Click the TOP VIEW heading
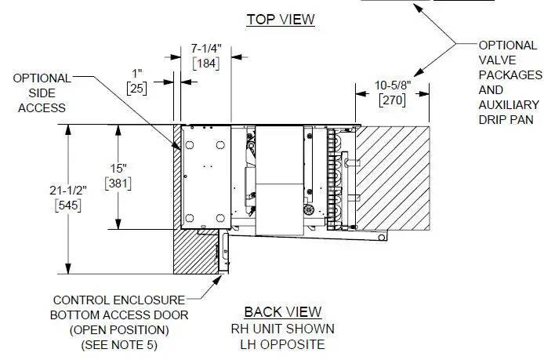point(281,20)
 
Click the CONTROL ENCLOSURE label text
point(118,300)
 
